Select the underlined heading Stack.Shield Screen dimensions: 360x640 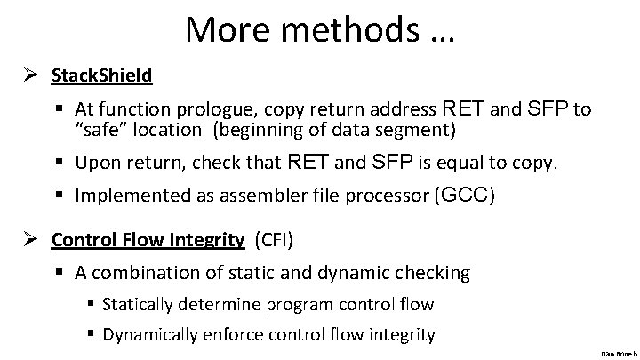(101, 75)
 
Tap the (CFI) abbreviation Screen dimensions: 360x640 (278, 240)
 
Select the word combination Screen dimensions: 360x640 (145, 274)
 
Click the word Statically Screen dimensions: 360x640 (140, 304)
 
